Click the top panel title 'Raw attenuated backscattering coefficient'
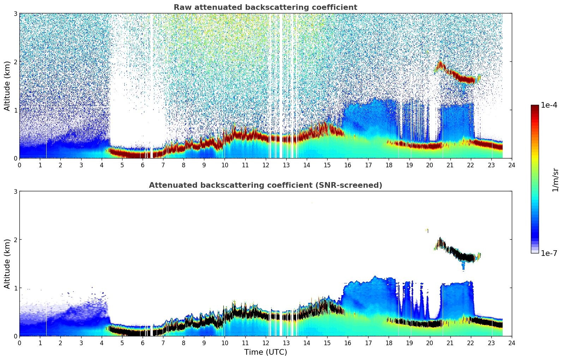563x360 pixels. coord(265,7)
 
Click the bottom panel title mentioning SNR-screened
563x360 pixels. coord(265,185)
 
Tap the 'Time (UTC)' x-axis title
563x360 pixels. coord(265,352)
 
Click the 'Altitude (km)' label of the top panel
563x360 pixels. coord(7,86)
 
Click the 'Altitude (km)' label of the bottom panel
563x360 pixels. coord(7,264)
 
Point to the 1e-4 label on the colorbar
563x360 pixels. coord(549,105)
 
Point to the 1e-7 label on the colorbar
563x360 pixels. coord(549,253)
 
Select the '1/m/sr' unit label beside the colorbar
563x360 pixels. coord(555,180)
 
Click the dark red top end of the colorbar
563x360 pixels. coord(535,107)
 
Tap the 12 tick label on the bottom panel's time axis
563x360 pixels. coord(265,343)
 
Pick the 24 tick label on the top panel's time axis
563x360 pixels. coord(512,165)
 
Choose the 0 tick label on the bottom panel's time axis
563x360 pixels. coord(19,343)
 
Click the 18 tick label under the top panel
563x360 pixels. coord(389,165)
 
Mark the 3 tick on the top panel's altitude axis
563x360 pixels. coord(16,13)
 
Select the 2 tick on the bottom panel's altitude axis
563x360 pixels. coord(16,240)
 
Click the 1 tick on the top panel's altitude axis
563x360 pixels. coord(16,110)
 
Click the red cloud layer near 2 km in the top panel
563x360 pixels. coord(459,76)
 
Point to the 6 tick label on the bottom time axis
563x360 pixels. coord(143,343)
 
